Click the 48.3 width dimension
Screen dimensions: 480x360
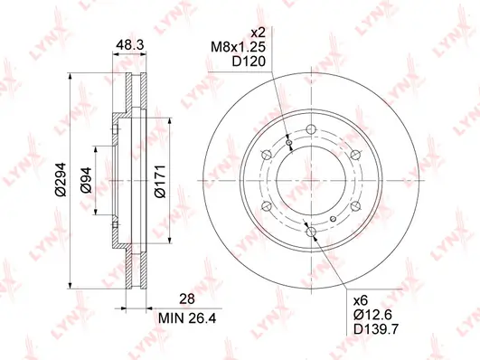coord(130,45)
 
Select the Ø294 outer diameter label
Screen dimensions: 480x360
coord(61,179)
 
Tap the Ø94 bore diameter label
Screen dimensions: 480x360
coord(86,180)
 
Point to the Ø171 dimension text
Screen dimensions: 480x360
coord(160,182)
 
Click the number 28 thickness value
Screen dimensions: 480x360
coord(187,298)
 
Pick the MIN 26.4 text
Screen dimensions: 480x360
coord(187,318)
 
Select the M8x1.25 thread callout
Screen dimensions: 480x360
coord(238,47)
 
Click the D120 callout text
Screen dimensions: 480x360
coord(249,62)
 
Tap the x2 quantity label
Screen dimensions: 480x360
coord(258,33)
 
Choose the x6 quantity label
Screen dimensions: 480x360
coord(361,300)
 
